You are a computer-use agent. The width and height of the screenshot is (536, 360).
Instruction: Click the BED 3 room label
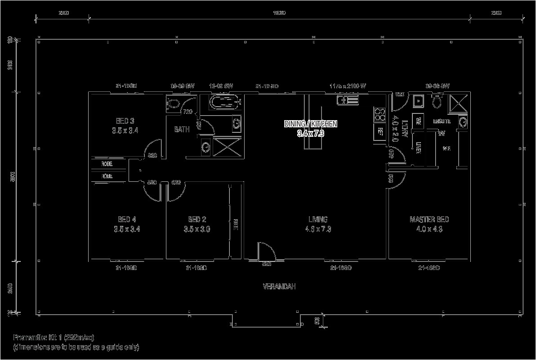click(125, 121)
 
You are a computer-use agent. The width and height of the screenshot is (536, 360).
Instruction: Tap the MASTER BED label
click(429, 220)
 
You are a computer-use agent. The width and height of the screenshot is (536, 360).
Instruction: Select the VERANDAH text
click(279, 287)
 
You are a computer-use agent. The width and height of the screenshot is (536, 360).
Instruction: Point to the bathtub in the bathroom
click(226, 102)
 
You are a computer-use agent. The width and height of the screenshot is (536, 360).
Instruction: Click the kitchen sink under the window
click(348, 100)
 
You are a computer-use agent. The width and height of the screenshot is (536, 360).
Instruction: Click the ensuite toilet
click(436, 102)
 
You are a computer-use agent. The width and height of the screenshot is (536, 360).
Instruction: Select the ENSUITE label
click(442, 121)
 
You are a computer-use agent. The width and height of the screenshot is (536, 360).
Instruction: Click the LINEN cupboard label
click(418, 148)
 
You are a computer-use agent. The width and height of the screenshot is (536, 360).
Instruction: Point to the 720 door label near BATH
click(188, 112)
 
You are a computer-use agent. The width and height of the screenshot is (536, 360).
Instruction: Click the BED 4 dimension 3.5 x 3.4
click(127, 229)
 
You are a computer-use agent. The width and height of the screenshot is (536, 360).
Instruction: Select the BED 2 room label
click(197, 220)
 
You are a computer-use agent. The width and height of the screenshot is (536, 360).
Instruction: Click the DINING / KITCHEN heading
click(310, 123)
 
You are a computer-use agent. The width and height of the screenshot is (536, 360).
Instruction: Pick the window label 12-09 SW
click(221, 85)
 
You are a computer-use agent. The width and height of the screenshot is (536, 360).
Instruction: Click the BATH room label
click(182, 130)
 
